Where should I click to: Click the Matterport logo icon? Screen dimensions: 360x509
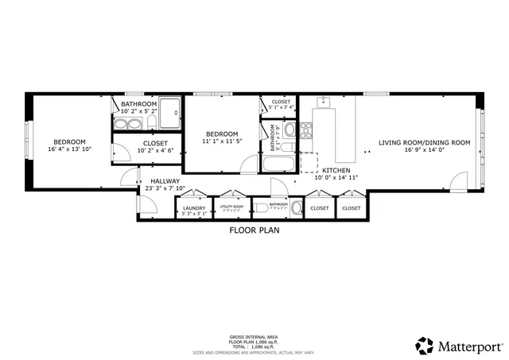tap(425, 346)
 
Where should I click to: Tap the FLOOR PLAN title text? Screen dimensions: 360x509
tap(254, 230)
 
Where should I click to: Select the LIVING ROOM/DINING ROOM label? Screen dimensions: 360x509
tap(425, 143)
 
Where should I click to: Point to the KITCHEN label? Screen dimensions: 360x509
tap(337, 171)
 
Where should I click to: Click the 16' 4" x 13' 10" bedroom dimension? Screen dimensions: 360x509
tap(70, 149)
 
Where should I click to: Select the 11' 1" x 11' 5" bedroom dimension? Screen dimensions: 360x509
tap(222, 141)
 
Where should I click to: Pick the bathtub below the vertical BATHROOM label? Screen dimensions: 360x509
tap(278, 165)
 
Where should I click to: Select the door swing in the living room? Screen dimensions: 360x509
tap(458, 182)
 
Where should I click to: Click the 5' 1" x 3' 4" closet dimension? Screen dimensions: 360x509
tap(282, 107)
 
